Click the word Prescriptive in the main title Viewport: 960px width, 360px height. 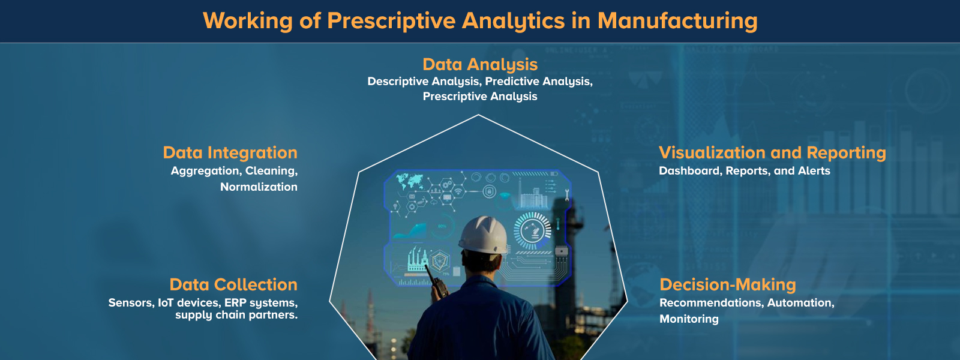coord(391,21)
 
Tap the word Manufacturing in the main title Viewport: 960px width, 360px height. coord(677,21)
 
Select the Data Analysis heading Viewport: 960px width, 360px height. coord(480,64)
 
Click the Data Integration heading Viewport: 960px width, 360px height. coord(230,152)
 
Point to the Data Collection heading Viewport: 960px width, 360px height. coord(233,284)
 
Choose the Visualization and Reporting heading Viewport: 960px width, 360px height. coord(772,152)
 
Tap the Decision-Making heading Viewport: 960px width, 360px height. coord(728,284)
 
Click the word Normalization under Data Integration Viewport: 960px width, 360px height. coord(259,187)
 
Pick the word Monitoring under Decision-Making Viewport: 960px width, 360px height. coord(689,319)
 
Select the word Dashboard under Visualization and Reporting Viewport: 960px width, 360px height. coord(690,170)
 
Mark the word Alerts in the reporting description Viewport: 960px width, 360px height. coord(814,170)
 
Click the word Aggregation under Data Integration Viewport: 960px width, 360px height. coord(206,170)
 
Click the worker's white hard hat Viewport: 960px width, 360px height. coord(483,235)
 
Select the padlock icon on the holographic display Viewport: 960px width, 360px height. coord(490,192)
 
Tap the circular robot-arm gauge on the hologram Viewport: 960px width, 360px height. coord(532,230)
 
